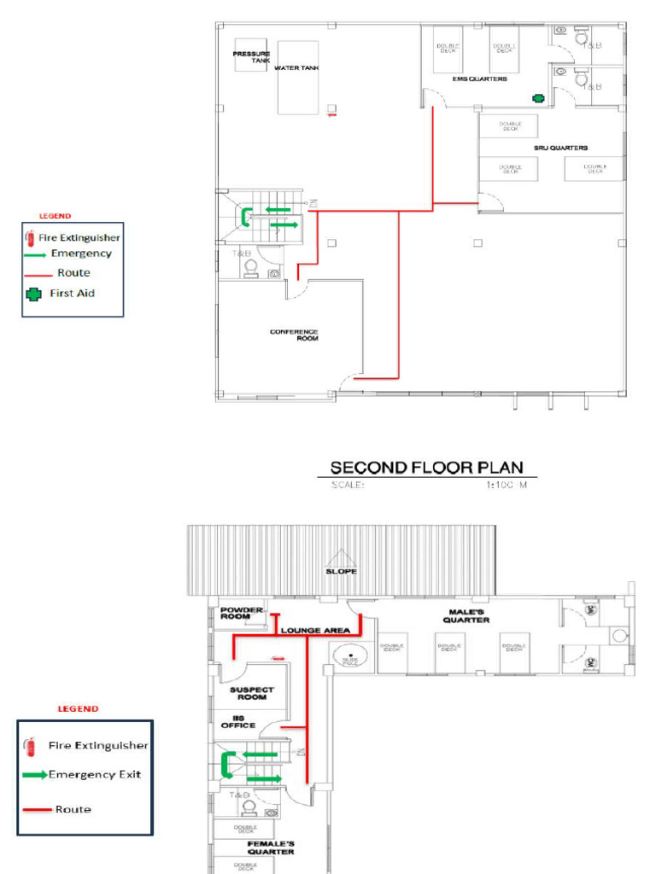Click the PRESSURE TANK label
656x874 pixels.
251,57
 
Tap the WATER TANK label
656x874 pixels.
296,68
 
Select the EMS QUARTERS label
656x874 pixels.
479,79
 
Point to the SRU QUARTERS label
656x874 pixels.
560,148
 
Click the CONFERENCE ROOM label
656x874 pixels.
294,335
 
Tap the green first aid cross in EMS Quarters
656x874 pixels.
539,98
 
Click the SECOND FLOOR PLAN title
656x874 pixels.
427,468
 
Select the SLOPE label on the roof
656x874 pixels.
341,571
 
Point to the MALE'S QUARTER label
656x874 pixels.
466,615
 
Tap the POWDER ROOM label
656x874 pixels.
241,613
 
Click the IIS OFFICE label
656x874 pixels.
238,721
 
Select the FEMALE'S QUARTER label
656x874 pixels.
270,848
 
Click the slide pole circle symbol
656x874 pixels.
350,655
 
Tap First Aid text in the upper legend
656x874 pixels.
73,293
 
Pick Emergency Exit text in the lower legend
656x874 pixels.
95,774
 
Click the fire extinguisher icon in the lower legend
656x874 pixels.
30,747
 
